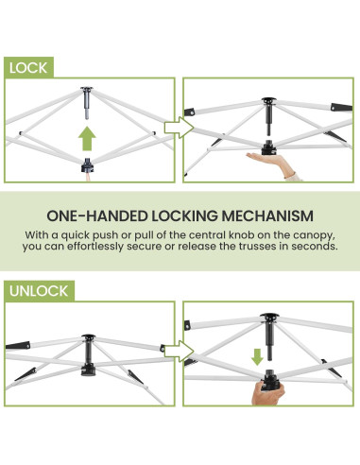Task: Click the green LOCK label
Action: (28, 67)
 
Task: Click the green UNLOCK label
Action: (39, 291)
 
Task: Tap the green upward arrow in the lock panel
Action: (87, 139)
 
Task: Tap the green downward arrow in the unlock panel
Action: (257, 357)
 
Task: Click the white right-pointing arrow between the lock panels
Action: (179, 128)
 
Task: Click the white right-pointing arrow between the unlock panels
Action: (179, 351)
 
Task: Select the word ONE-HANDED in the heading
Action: (97, 216)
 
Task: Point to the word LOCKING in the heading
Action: (184, 216)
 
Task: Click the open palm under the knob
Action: (271, 164)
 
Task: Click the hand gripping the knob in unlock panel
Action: (268, 393)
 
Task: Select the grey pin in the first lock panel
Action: (87, 103)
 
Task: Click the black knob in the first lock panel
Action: (87, 165)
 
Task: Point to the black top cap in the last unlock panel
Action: (268, 317)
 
